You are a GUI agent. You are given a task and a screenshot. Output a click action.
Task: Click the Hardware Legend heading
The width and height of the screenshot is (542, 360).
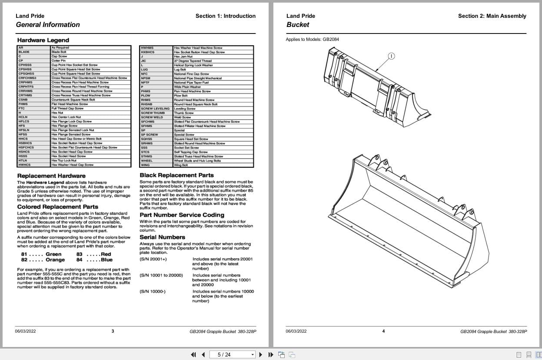click(x=43, y=40)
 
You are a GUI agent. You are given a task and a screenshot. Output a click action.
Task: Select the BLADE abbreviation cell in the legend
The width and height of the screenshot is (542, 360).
click(x=24, y=52)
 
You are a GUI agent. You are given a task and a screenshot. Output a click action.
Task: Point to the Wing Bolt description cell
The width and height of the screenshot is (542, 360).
click(x=181, y=165)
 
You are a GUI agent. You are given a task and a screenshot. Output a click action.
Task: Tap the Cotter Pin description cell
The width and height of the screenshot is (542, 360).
click(x=59, y=60)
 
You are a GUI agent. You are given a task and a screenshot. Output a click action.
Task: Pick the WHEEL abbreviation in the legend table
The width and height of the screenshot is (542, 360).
click(x=146, y=161)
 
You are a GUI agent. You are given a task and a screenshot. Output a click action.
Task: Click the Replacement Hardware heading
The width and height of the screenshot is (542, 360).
click(x=51, y=176)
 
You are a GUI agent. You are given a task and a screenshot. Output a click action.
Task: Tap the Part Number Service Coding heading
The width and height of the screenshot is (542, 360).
click(x=182, y=215)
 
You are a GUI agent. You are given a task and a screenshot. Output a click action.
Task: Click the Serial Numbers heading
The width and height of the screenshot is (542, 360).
click(x=162, y=237)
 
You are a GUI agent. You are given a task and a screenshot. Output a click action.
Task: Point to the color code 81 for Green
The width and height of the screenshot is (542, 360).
click(x=24, y=254)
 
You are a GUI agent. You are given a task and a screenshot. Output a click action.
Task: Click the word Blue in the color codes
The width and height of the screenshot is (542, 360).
click(x=106, y=260)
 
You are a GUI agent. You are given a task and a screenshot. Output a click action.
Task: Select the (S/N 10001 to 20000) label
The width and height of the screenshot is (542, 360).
click(x=161, y=275)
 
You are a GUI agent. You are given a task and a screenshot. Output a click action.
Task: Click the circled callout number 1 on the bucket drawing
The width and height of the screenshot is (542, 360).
click(x=391, y=56)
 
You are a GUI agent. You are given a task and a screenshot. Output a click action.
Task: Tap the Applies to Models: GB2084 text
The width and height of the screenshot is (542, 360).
click(x=312, y=39)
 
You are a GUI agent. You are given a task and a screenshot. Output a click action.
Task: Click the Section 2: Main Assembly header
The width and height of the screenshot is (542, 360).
click(x=492, y=16)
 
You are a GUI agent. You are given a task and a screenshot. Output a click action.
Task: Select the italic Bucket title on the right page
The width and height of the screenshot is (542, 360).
click(x=298, y=25)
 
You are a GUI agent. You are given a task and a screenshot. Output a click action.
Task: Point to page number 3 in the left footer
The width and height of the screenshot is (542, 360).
click(x=113, y=331)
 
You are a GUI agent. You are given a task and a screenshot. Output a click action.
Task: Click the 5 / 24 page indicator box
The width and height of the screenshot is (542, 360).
click(x=232, y=354)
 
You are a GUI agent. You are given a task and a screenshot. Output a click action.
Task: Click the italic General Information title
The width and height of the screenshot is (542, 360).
click(x=48, y=25)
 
